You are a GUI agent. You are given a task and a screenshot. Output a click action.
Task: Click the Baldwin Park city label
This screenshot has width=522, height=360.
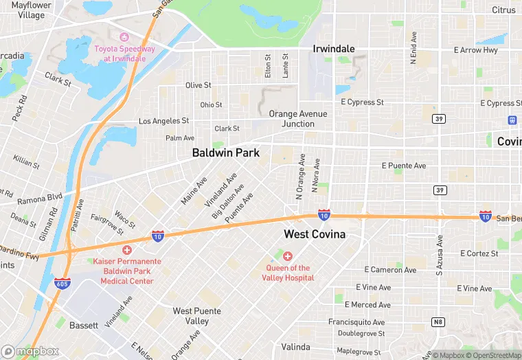tap(226, 153)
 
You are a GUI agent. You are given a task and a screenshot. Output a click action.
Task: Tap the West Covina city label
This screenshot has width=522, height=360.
tap(315, 234)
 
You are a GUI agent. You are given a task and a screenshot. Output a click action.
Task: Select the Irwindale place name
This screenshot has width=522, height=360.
tap(334, 49)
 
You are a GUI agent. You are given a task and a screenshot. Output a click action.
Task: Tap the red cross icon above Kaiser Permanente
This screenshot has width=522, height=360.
tap(126, 249)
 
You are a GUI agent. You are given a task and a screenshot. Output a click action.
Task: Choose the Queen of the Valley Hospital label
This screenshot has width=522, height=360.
tap(288, 273)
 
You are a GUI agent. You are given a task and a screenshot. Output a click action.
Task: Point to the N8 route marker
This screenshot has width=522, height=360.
tap(438, 322)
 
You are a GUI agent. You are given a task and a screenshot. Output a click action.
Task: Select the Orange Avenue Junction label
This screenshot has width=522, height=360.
tap(297, 119)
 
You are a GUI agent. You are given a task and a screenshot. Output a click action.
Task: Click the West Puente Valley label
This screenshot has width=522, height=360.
tap(191, 316)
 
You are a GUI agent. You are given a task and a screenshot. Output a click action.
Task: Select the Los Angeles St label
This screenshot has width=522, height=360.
tap(163, 121)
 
